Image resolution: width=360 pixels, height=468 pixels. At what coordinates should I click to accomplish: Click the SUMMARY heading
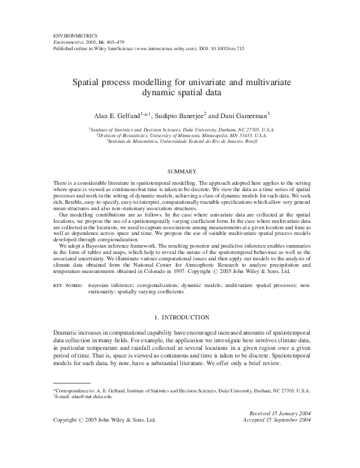click(180, 171)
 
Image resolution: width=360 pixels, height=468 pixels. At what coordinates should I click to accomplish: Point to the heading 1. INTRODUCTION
click(180, 316)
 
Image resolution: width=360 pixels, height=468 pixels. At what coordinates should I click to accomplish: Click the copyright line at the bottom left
click(103, 420)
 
